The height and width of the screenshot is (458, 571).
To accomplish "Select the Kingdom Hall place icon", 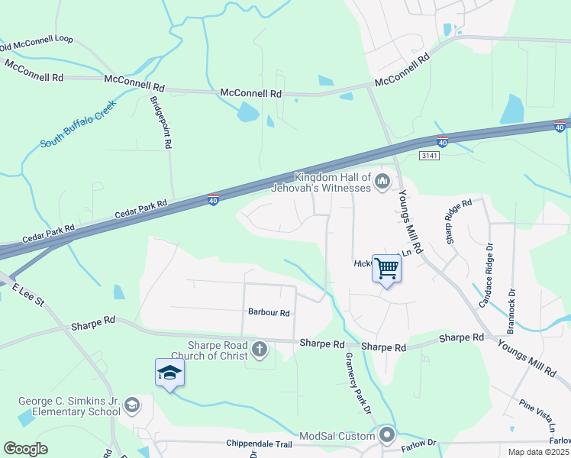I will [x=382, y=181].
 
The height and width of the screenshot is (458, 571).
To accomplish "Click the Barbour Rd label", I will [x=269, y=312].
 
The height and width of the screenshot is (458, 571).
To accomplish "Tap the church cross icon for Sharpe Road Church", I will [x=260, y=350].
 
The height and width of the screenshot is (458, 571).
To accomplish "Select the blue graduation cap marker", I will [x=169, y=373].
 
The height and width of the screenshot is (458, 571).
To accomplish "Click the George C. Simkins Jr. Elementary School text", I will [x=70, y=407].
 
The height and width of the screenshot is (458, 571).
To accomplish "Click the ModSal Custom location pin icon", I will [x=387, y=436].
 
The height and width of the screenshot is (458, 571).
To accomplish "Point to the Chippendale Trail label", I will [x=260, y=443].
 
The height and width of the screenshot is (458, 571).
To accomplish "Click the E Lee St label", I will [x=27, y=295].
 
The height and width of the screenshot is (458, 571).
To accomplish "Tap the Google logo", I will [x=25, y=448].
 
